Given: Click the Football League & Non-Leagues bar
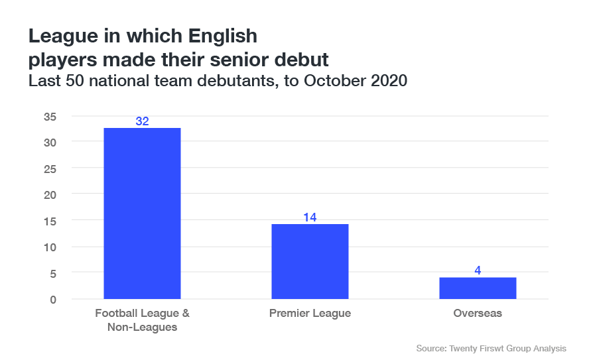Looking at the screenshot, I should [x=142, y=213].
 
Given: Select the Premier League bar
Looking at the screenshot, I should [x=310, y=261].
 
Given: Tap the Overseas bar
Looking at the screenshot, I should [x=478, y=288].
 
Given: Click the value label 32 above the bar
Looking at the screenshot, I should [x=142, y=121].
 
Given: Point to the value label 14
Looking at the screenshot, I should [x=310, y=217].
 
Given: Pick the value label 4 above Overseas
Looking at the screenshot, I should [x=478, y=270].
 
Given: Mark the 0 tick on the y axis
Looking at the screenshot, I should [x=53, y=299].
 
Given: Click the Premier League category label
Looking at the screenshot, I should [x=310, y=314].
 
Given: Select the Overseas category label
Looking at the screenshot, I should [x=478, y=314].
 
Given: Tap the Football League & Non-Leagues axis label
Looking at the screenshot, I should [x=142, y=320].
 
